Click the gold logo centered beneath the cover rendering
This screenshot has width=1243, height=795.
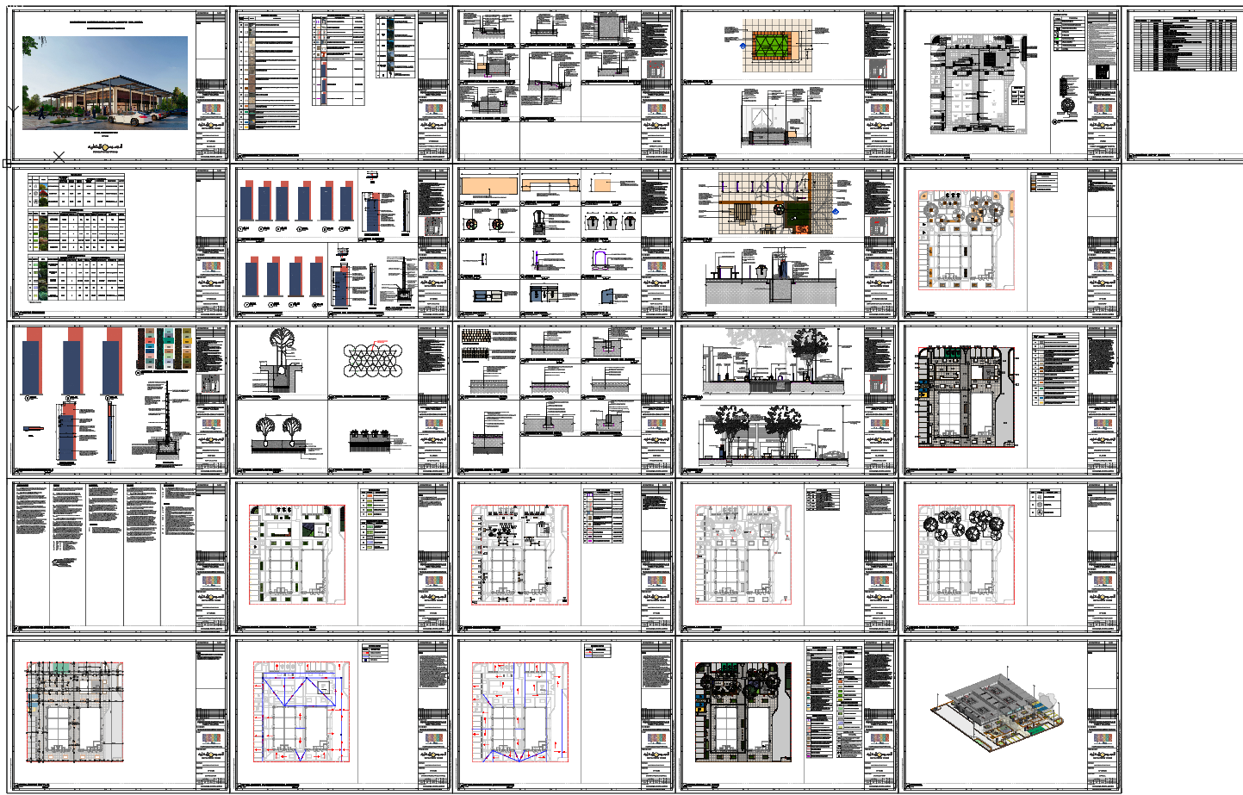pos(106,147)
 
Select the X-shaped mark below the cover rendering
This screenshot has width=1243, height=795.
pos(59,157)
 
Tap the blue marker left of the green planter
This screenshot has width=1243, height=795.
pos(743,46)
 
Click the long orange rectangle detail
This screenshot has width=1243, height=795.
pos(488,186)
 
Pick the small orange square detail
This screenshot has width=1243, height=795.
pos(602,185)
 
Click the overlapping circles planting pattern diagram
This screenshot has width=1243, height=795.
pos(372,360)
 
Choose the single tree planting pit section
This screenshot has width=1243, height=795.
pos(280,362)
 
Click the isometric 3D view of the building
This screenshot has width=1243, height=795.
pos(999,711)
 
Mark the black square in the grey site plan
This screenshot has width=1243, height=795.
pos(991,59)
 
